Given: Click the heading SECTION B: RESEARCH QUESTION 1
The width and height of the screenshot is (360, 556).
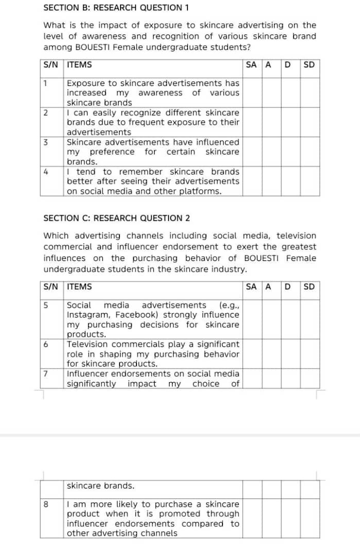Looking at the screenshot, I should [x=116, y=8].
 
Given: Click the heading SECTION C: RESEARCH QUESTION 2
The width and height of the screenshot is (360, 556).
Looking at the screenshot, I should [x=116, y=218].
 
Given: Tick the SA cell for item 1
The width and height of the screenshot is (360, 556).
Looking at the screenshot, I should [x=252, y=93].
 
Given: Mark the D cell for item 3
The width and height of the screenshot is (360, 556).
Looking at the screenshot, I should [x=290, y=151].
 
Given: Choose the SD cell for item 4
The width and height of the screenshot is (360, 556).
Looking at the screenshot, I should [x=310, y=181].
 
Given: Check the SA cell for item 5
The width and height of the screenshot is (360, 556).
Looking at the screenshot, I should [x=252, y=319].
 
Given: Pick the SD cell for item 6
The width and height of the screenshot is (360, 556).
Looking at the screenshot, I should [x=310, y=354].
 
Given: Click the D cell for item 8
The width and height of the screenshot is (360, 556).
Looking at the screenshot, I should [x=290, y=518].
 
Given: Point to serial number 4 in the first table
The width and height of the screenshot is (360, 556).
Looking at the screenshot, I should [x=46, y=171].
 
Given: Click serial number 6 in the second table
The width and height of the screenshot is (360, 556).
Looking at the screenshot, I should [x=46, y=344].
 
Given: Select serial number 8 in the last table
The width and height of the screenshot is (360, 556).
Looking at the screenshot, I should [x=46, y=504].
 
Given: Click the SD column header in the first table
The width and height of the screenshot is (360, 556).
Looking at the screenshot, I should [x=310, y=65].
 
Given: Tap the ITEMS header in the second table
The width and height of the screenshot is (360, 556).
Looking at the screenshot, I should [x=80, y=287].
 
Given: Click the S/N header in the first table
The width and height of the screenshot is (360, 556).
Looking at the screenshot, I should [x=51, y=65].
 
